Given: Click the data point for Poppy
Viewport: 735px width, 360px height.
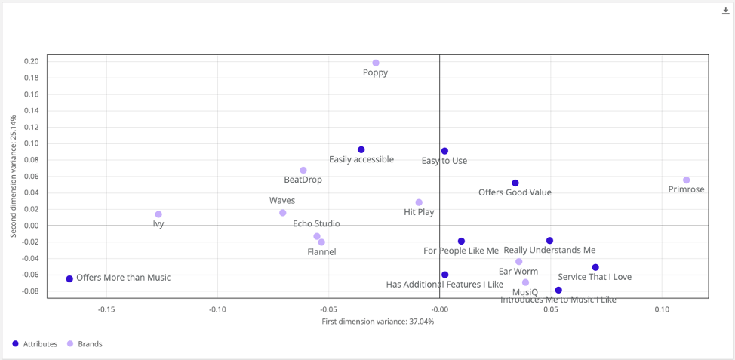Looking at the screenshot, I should (376, 63).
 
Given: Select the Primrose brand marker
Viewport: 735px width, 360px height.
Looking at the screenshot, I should (687, 180).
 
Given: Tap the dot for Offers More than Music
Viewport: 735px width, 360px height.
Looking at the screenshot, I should (69, 279).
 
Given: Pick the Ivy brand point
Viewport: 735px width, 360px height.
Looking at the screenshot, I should (158, 215).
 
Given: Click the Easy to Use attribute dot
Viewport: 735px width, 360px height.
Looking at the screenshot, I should (444, 152).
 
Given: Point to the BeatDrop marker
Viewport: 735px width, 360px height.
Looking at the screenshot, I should (303, 171).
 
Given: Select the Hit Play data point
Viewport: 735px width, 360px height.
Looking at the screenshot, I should (419, 203).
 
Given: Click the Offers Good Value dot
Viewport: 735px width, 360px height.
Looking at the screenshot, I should (515, 183).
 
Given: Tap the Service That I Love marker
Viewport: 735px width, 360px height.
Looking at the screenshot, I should (595, 268).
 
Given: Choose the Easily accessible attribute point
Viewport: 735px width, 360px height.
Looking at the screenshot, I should (361, 150).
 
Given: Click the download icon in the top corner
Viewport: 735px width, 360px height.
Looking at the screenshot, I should (726, 11).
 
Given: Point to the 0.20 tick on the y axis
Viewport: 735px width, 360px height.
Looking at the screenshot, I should (32, 62).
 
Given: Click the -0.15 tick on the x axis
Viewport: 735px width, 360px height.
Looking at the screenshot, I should (106, 309).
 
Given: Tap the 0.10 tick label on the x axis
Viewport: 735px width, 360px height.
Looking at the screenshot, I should (662, 309).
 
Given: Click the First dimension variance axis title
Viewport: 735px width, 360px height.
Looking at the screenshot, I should (377, 322).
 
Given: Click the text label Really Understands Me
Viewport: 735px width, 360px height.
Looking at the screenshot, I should (549, 251).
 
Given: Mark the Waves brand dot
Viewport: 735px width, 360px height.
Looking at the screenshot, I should (283, 213).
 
